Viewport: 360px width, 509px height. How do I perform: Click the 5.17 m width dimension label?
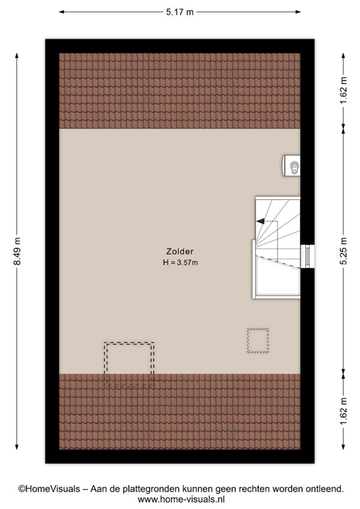point(180,12)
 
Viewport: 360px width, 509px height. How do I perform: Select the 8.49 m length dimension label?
point(17,251)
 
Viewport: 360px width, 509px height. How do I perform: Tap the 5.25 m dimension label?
point(343,251)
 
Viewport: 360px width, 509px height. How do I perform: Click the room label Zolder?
point(180,251)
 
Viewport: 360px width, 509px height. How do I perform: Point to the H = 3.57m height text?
point(180,262)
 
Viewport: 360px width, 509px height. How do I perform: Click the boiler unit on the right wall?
point(291,166)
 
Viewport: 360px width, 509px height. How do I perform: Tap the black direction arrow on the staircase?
point(260,221)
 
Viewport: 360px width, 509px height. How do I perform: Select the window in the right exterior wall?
point(307,256)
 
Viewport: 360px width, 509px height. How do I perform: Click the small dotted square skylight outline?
point(258,340)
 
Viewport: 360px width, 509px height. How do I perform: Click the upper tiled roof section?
point(179,91)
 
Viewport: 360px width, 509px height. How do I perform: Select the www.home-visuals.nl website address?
point(181,499)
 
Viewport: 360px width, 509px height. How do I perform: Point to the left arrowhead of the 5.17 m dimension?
point(62,12)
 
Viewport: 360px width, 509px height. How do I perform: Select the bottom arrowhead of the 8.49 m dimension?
point(17,447)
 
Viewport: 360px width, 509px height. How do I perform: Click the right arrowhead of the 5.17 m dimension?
point(298,12)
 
